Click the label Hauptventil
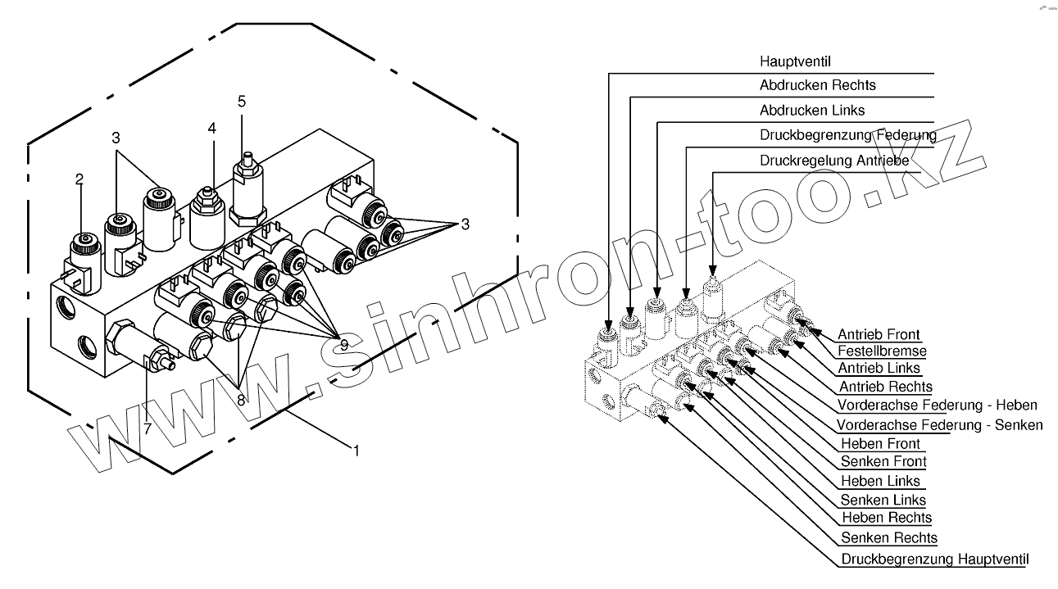tap(796, 61)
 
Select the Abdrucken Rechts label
tap(817, 85)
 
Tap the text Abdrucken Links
tap(811, 110)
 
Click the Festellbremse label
tap(881, 351)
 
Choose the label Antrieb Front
tap(879, 334)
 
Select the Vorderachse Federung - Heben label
tap(937, 406)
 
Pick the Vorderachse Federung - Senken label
tap(939, 425)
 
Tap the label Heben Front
tap(880, 444)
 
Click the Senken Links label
tap(883, 500)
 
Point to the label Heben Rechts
tap(886, 518)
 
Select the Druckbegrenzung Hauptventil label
tap(934, 560)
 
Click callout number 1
tap(356, 449)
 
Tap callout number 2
tap(79, 179)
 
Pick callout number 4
tap(212, 129)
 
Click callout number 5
tap(242, 102)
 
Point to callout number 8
tap(240, 401)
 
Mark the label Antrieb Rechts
tap(885, 387)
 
